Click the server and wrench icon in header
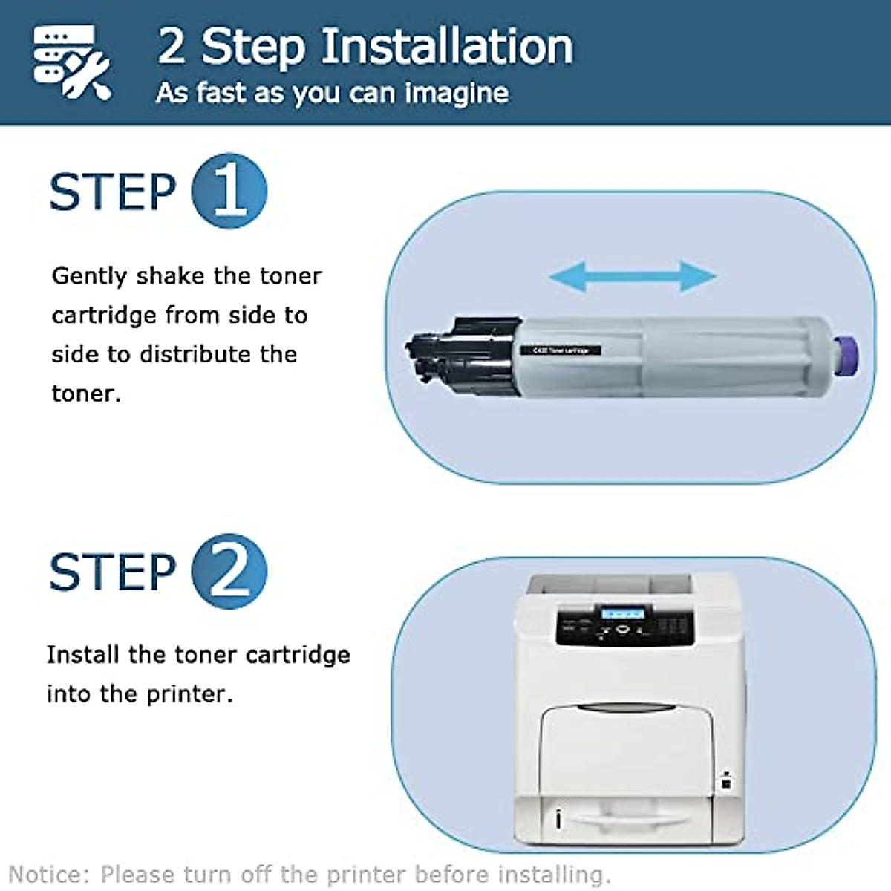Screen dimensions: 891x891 click(71, 62)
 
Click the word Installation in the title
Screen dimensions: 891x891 click(447, 46)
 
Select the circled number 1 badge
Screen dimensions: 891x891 click(229, 191)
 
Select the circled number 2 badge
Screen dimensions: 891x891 click(229, 571)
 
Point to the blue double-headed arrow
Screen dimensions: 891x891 click(633, 276)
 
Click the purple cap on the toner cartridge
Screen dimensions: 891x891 click(845, 354)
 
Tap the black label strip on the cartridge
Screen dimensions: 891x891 click(561, 350)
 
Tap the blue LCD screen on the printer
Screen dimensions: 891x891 click(622, 614)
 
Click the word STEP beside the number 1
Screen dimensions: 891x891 click(112, 192)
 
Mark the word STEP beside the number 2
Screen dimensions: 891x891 click(112, 572)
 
